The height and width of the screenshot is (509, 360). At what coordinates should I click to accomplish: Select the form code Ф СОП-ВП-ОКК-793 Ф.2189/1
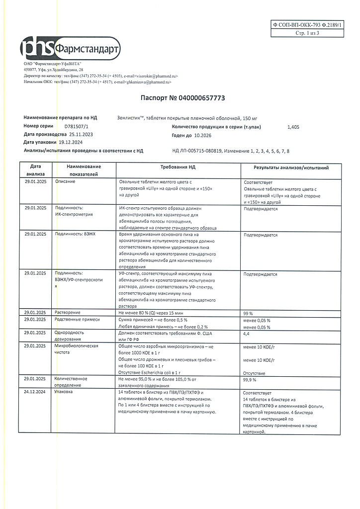[x=308, y=24]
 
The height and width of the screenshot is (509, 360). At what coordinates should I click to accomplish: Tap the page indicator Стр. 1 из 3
[x=307, y=33]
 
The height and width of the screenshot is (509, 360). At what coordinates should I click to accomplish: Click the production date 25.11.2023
[x=81, y=134]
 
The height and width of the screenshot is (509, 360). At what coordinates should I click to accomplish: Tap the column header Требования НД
[x=178, y=168]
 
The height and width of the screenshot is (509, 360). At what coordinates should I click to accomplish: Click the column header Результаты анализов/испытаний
[x=291, y=168]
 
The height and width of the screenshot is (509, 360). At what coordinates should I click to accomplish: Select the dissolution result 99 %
[x=248, y=314]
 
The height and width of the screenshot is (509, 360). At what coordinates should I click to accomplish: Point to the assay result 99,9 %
[x=250, y=379]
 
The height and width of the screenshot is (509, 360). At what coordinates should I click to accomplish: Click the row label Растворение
[x=68, y=313]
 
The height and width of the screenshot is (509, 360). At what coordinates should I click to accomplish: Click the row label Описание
[x=66, y=181]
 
